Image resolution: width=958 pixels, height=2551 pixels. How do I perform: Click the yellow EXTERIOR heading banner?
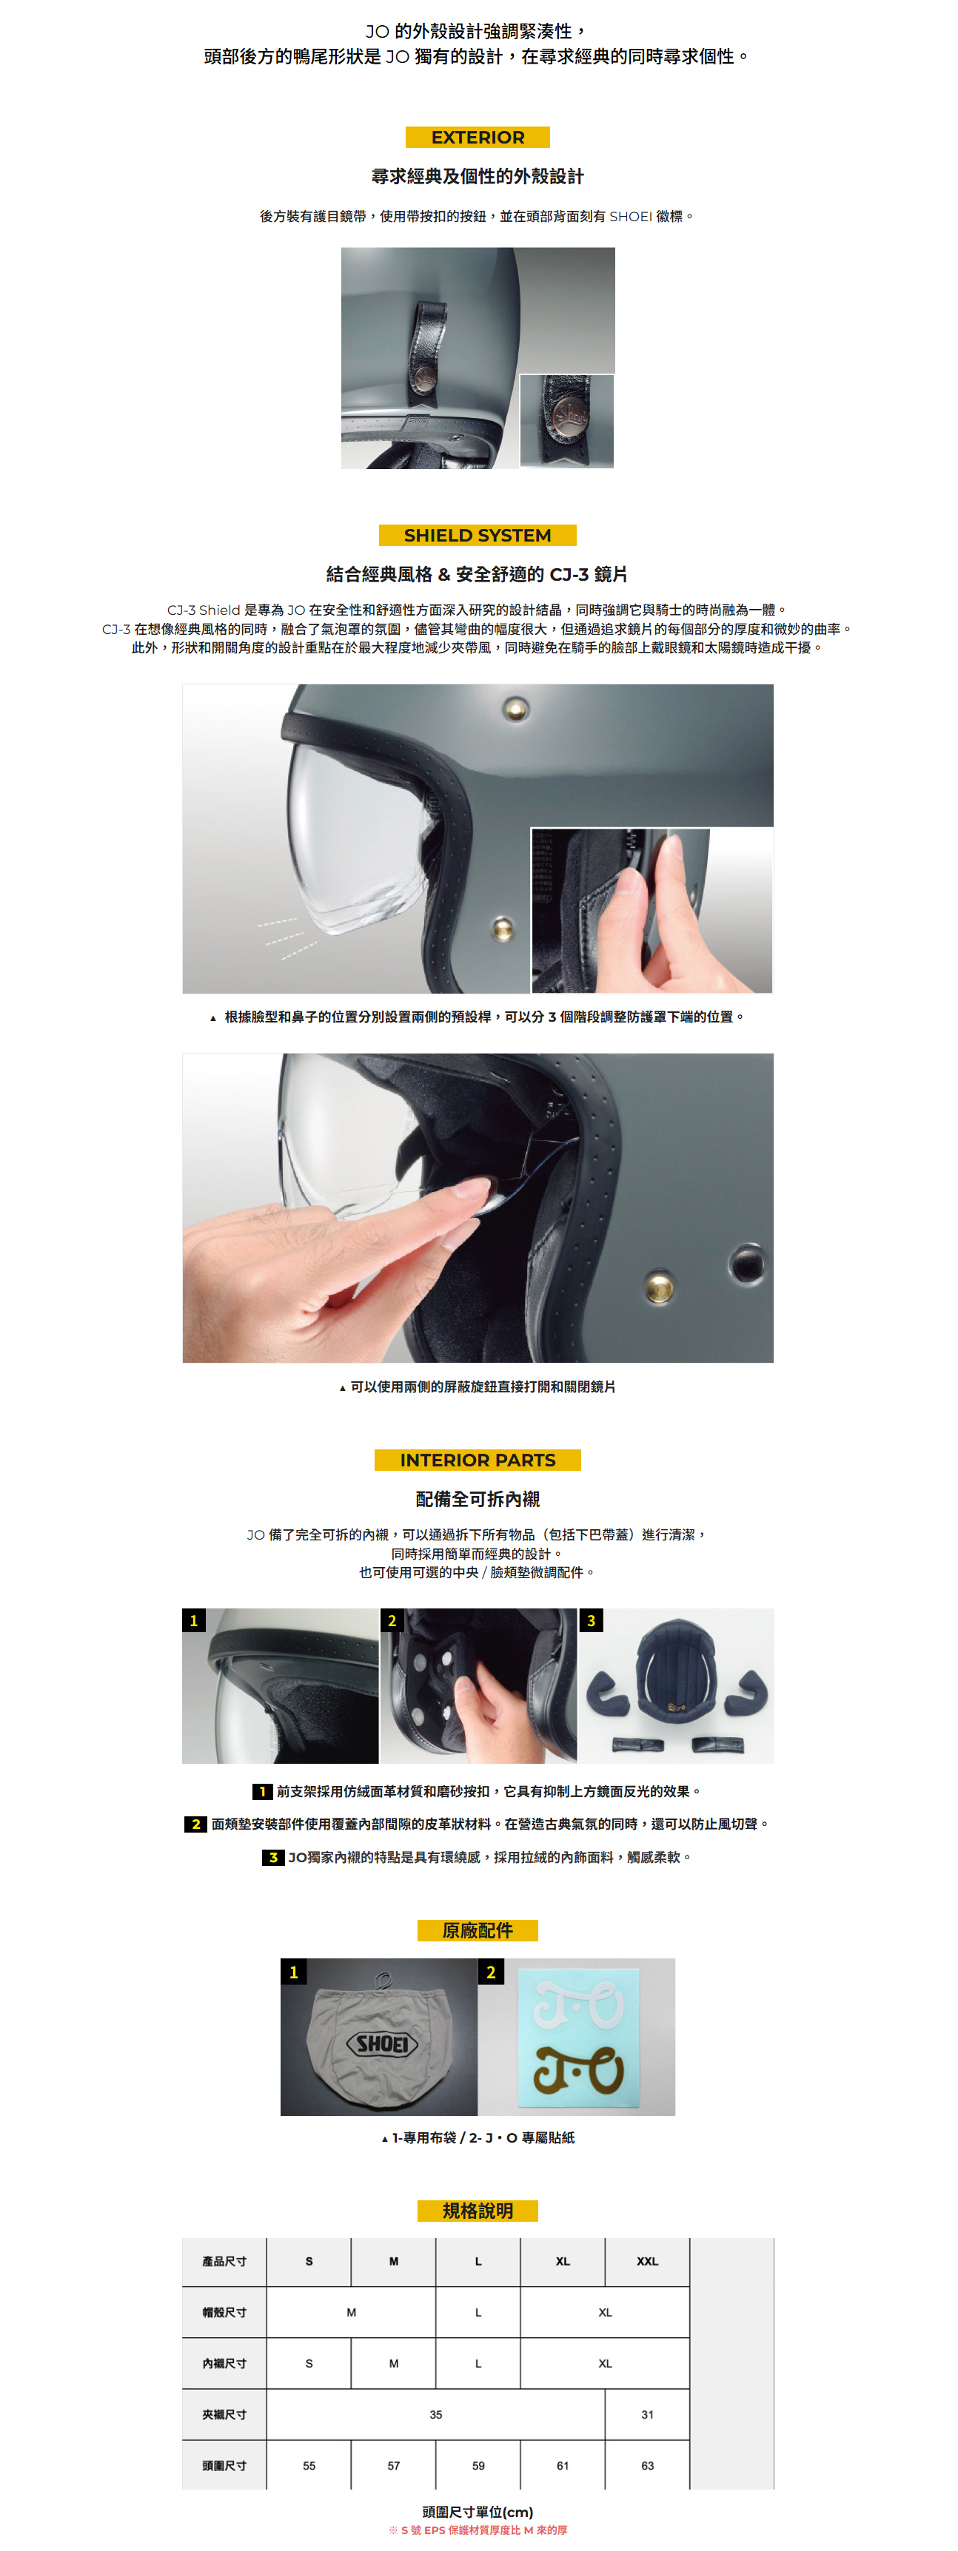coord(478,138)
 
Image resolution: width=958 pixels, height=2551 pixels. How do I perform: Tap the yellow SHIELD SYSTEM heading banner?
coord(478,536)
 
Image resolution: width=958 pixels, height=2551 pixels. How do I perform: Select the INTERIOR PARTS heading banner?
coord(478,1460)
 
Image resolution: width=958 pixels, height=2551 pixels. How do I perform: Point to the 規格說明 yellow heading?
coord(478,2211)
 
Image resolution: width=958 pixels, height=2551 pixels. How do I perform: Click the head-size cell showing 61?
coord(563,2465)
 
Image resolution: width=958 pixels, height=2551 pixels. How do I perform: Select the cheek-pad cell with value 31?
coord(647,2414)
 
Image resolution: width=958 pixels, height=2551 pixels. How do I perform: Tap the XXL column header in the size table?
coord(647,2261)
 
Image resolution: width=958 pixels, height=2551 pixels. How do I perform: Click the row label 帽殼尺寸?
coord(224,2312)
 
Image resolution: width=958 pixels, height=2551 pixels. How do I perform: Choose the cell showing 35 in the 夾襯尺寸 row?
coord(436,2414)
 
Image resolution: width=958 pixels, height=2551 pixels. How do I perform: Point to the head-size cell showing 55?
coord(309,2465)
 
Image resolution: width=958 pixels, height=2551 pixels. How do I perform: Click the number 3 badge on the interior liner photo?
coord(592,1621)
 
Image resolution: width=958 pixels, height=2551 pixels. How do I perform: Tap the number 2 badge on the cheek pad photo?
coord(392,1621)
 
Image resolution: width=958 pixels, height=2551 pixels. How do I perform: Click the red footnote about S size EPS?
coord(478,2530)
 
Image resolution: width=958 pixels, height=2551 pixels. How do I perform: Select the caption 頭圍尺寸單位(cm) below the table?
coord(478,2511)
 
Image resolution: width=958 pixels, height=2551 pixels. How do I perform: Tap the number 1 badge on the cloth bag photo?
coord(293,1972)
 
